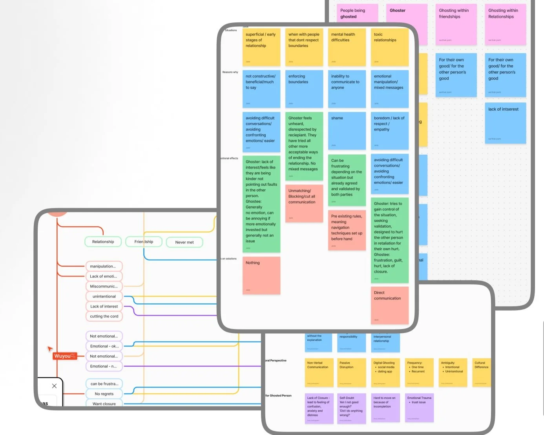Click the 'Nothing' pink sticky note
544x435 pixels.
(x=261, y=275)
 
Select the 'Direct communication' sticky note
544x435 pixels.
(x=389, y=305)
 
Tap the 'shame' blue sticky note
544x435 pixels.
(x=347, y=131)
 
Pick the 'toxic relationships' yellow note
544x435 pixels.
(x=389, y=47)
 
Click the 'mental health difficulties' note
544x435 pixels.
(x=347, y=47)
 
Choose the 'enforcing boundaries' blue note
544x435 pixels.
(x=304, y=89)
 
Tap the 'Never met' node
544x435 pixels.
(x=184, y=242)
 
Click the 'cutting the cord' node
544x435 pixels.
(x=104, y=316)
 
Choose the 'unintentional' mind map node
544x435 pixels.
(x=104, y=296)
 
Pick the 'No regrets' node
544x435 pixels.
(x=104, y=394)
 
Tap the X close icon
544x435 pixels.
(x=54, y=386)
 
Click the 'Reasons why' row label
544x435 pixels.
(x=230, y=72)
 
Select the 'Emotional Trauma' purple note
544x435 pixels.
(x=419, y=408)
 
